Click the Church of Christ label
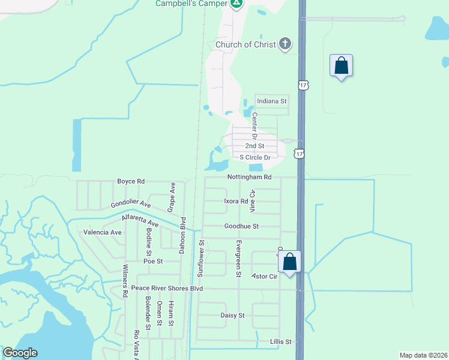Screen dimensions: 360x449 [246, 44]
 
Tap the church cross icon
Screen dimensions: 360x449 [285, 44]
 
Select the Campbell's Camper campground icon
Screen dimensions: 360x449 [237, 4]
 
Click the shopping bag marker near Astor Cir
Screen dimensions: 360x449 [289, 262]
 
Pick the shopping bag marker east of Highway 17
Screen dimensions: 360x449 [341, 66]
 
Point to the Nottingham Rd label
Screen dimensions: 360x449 [250, 177]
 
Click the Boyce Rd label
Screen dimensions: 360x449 [131, 181]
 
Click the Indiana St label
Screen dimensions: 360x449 [272, 101]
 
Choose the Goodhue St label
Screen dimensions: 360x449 [241, 226]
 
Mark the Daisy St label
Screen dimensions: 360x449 [233, 315]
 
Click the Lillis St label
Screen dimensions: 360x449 [280, 341]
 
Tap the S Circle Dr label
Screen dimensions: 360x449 [255, 157]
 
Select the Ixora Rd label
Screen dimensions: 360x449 [236, 202]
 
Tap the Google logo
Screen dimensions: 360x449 [20, 353]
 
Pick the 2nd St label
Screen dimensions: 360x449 [255, 146]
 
